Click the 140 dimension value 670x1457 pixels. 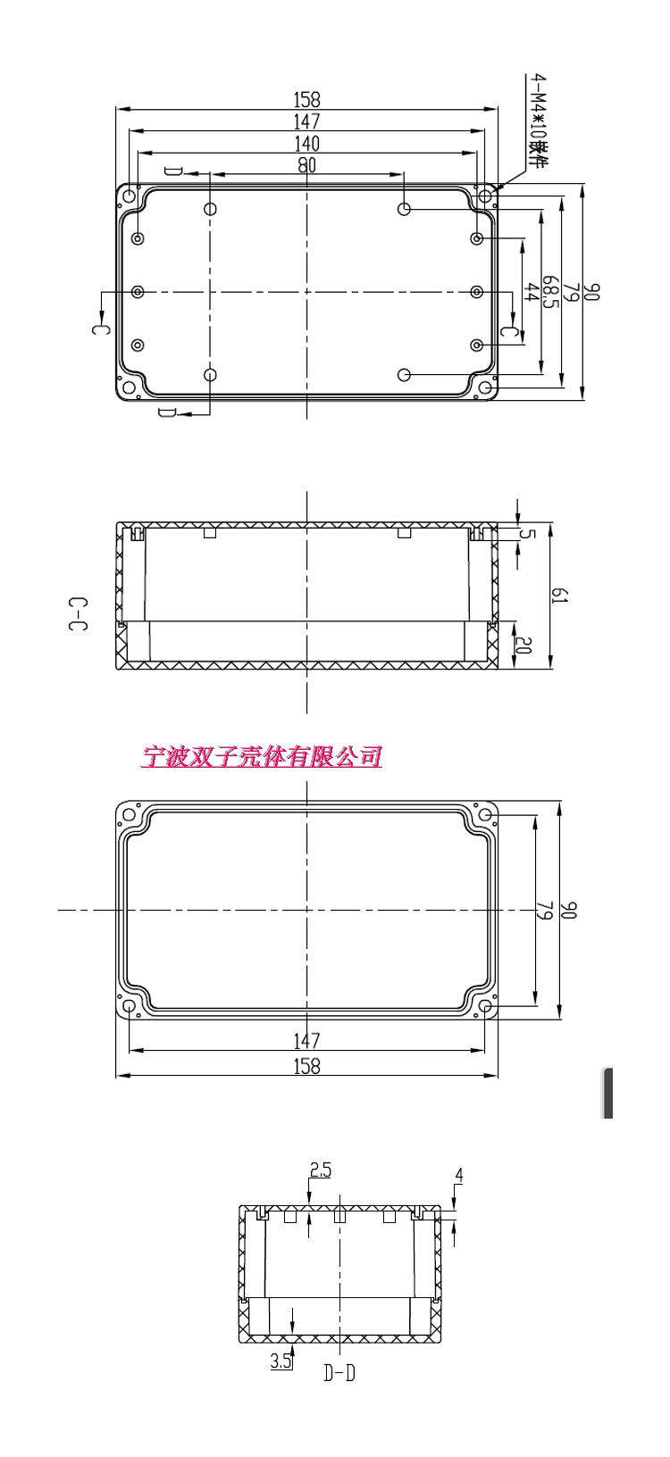306,144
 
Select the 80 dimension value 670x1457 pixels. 306,165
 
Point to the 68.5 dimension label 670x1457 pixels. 552,292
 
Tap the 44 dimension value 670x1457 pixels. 532,292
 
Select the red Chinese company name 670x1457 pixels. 262,757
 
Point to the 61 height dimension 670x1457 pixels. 560,595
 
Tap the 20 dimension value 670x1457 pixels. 523,645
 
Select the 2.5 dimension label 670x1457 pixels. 320,1170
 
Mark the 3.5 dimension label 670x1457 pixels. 281,1361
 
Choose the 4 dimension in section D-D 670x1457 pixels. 458,1176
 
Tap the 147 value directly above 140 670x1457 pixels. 306,121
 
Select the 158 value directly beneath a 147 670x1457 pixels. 306,1065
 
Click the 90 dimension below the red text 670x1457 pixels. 572,911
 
